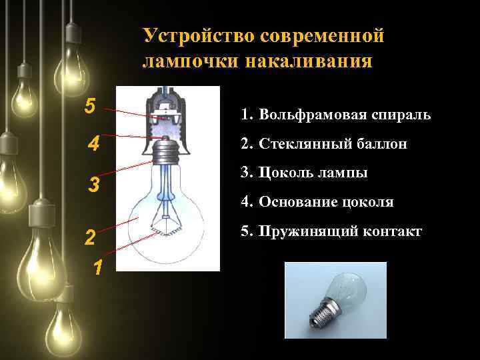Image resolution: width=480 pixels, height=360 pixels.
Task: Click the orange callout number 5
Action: pos(90,105)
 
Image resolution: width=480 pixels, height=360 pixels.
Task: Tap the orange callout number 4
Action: pos(94,144)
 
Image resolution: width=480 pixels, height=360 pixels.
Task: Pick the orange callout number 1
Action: pos(97,268)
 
